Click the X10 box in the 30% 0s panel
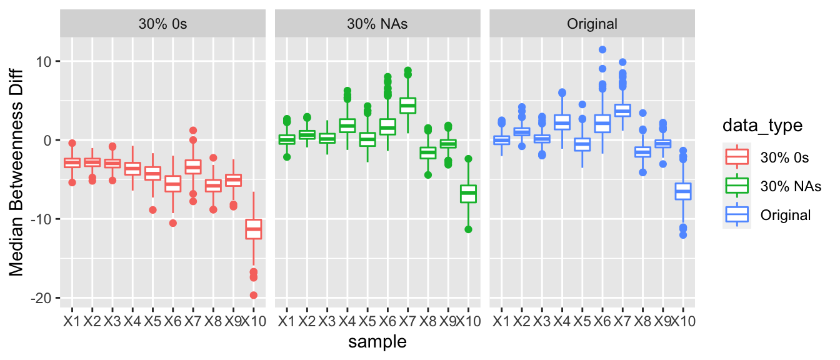pos(253,229)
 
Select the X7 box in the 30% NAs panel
pos(408,105)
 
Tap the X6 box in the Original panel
pos(602,123)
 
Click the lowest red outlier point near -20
pos(253,295)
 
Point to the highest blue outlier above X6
pos(602,49)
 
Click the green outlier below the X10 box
pos(468,229)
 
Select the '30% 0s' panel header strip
pos(162,24)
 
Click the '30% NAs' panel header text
pos(377,24)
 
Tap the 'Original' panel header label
pos(592,24)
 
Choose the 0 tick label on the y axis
pos(49,140)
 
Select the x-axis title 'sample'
pos(377,342)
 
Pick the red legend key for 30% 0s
pos(737,157)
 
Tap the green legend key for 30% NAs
pos(737,186)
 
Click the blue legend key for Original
pos(737,215)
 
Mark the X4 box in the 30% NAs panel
pos(347,126)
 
